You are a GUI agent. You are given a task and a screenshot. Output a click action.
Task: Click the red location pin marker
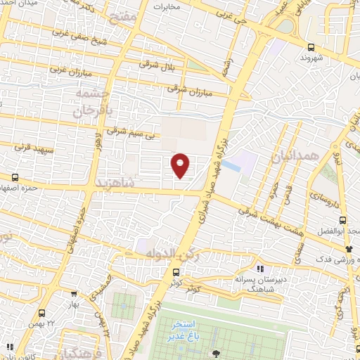tap(181, 165)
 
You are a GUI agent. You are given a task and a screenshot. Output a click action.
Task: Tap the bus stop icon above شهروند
tap(310, 48)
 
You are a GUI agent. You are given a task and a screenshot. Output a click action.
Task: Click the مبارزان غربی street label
tap(67, 71)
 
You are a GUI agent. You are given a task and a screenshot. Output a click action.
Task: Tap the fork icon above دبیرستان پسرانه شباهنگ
tap(260, 268)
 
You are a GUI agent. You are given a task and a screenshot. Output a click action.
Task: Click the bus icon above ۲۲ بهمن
tap(42, 313)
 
